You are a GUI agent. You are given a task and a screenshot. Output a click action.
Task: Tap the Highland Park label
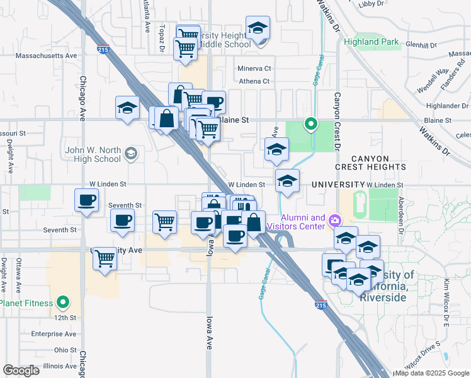[372, 43]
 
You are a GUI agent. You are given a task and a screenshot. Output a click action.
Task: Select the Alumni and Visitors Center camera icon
[335, 222]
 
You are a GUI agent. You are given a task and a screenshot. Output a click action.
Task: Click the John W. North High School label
[93, 154]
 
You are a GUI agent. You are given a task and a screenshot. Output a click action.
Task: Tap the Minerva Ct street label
[254, 69]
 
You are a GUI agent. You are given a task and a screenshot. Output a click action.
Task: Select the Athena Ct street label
[254, 81]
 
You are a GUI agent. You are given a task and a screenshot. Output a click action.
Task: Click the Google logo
[21, 370]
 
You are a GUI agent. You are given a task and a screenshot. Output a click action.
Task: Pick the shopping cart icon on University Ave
[105, 258]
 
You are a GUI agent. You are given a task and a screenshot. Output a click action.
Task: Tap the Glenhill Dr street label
[421, 45]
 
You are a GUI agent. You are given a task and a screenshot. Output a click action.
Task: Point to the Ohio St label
[65, 350]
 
